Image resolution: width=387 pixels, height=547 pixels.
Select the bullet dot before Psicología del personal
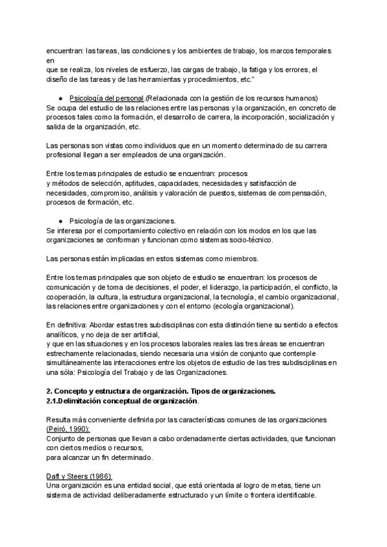click(60, 98)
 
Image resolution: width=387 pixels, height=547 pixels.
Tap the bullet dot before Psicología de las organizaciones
click(60, 221)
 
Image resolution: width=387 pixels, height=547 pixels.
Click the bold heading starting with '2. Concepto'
click(161, 392)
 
